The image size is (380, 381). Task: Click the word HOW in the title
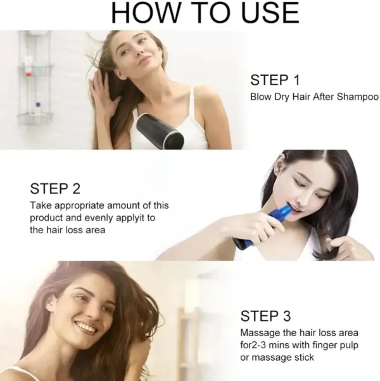point(146,13)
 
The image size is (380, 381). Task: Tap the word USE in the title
point(270,13)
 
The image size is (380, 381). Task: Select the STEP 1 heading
point(275,80)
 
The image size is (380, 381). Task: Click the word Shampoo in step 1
point(358,97)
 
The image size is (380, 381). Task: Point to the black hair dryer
point(160,131)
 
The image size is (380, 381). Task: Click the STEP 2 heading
point(55,188)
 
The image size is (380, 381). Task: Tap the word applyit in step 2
point(129,218)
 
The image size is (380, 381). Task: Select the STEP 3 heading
point(265,316)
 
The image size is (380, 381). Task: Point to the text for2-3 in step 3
point(252,345)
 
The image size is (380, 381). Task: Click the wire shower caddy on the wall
point(35,78)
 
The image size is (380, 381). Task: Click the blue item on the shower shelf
point(38,105)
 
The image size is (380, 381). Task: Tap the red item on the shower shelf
point(28,74)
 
